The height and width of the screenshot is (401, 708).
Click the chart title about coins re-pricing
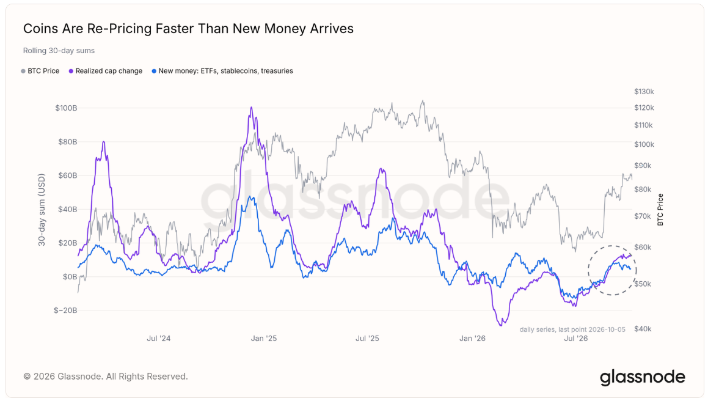[188, 29]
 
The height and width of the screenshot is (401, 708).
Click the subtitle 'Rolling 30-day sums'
[59, 51]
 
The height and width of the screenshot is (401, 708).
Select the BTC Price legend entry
[40, 71]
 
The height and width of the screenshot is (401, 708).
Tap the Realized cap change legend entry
[105, 71]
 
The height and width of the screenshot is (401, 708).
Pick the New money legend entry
[222, 71]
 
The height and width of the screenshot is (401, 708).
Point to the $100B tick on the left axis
[66, 108]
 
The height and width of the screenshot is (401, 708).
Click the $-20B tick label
[65, 311]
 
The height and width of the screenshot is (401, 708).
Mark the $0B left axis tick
[70, 277]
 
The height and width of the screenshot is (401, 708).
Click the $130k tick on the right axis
[644, 92]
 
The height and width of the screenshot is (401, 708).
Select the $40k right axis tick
[643, 329]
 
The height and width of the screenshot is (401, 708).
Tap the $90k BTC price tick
[643, 166]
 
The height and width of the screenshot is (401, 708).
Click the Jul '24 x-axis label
[158, 339]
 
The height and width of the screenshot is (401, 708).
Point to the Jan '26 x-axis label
[472, 339]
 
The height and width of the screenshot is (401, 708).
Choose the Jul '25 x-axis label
[367, 339]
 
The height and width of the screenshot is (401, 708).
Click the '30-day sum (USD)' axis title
[42, 210]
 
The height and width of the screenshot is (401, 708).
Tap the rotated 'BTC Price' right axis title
[660, 209]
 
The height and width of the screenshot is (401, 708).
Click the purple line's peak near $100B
[251, 107]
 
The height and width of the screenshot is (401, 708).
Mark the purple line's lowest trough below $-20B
[501, 325]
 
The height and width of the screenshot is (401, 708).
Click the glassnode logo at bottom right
[643, 377]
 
